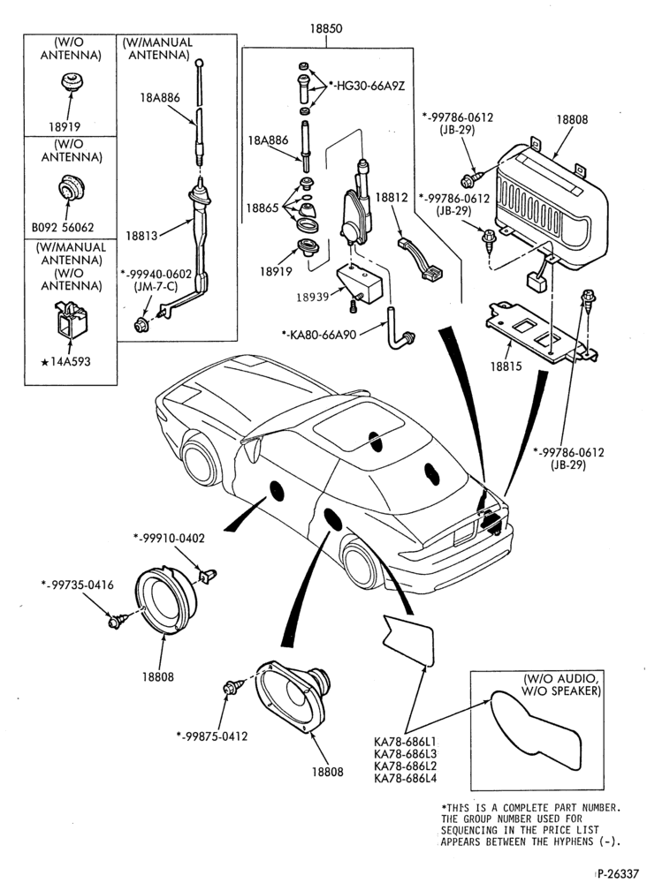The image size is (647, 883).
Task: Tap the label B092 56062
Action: coord(63,228)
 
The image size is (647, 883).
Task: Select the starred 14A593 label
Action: coord(66,361)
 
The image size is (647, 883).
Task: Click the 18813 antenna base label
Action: coord(142,236)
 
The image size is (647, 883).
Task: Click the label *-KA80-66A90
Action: coord(319,335)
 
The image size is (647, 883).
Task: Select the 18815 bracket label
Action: coord(506,366)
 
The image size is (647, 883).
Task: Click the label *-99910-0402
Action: coord(169,539)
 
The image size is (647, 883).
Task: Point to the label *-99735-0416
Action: coord(77,585)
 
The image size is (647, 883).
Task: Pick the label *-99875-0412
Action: coord(211,736)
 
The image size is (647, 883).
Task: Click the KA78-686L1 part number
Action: coord(405,741)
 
